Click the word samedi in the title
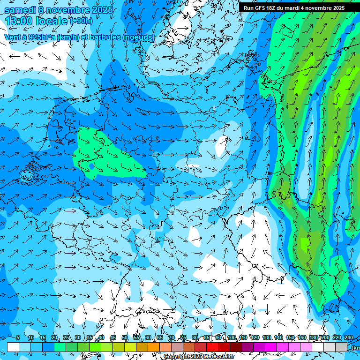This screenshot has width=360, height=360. point(20,10)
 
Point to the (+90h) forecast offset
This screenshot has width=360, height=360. point(81,21)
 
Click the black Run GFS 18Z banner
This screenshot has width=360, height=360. point(294,8)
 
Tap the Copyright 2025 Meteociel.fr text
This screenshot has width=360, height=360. point(199,357)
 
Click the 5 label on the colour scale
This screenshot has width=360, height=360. point(18,338)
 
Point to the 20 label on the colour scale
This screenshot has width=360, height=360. point(54,338)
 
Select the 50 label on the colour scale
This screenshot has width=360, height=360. point(124,338)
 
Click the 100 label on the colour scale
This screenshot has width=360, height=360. point(231,338)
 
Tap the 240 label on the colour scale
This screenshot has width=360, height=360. point(349,338)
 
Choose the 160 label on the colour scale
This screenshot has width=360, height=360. point(302,338)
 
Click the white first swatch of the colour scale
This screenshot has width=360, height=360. point(13,347)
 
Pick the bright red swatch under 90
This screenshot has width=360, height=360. point(212,347)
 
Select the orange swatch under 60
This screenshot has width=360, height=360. point(142,347)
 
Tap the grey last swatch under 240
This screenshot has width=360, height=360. point(341,347)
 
